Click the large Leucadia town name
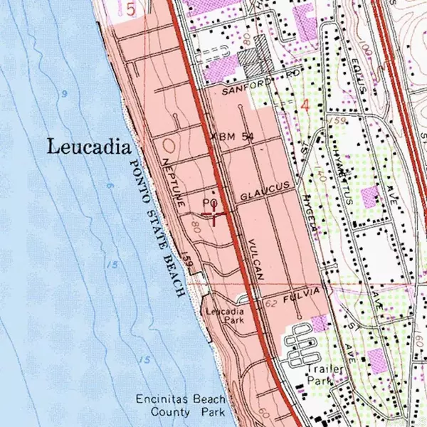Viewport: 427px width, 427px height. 89,147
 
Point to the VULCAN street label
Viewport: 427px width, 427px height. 257,259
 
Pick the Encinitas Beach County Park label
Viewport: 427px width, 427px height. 181,405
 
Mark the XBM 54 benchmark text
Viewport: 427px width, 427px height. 233,136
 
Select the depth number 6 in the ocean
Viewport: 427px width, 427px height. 110,186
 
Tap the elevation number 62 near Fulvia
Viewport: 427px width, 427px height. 270,304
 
